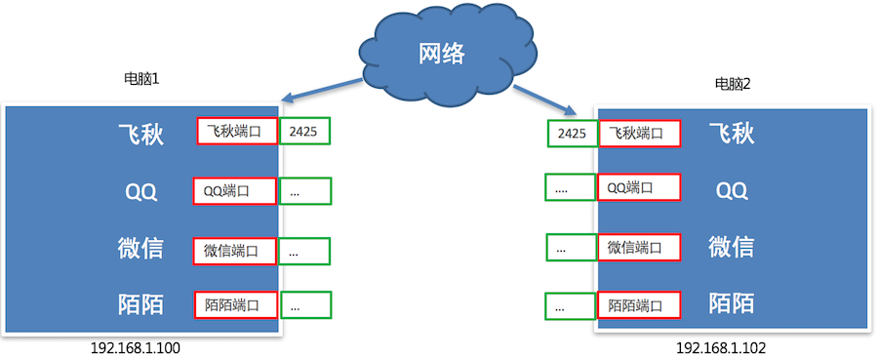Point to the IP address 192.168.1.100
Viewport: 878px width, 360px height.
coord(135,347)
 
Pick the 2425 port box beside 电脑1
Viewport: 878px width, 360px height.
coord(304,131)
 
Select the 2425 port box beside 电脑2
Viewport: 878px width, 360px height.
coord(571,134)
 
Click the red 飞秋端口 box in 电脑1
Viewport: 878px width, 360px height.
coord(237,131)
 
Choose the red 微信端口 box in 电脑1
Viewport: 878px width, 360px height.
coord(235,251)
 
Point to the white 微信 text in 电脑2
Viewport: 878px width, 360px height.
coord(731,247)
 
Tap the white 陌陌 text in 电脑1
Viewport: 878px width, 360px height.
coord(141,304)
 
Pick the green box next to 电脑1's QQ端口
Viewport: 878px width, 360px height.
coord(304,190)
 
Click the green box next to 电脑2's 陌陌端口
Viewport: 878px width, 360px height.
coord(571,305)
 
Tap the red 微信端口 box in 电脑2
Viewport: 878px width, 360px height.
coord(639,248)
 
